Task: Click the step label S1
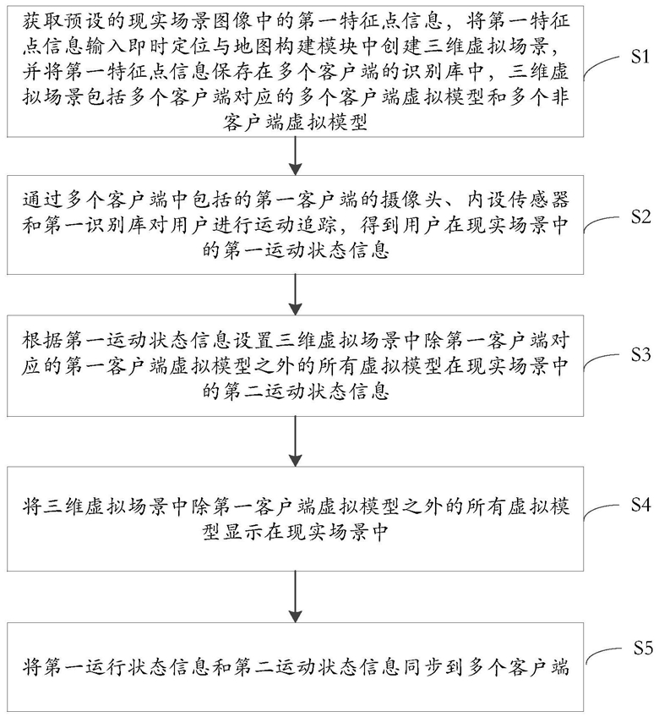(640, 57)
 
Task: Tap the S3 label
(640, 354)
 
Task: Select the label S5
(643, 649)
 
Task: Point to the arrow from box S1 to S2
(296, 156)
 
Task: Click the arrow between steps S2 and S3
(296, 295)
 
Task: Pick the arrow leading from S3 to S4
(296, 441)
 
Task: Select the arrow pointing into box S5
(296, 597)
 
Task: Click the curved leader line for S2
(604, 222)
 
